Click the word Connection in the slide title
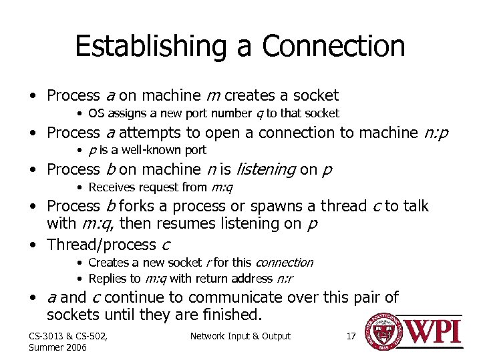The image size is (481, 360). pos(333,47)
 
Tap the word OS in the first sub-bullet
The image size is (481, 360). pos(96,114)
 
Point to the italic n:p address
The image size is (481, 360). pos(436,133)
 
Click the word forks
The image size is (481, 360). pos(142,207)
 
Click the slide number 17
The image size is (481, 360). pos(351,336)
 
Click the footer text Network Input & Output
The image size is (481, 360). pos(240,336)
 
